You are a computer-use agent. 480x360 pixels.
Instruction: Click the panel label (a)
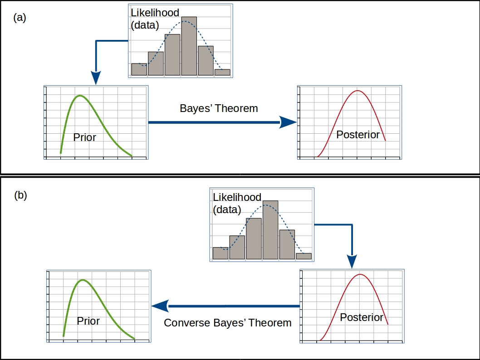tap(20, 18)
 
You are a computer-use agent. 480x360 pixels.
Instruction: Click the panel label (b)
tap(20, 195)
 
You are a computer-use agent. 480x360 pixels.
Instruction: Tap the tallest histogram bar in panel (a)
tap(189, 46)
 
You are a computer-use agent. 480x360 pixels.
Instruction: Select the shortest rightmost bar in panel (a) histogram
tap(222, 72)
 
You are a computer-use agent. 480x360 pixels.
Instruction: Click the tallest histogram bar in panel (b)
tap(270, 230)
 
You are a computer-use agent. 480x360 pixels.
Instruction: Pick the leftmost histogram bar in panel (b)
tap(220, 253)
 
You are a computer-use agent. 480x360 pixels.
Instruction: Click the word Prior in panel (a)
tap(84, 137)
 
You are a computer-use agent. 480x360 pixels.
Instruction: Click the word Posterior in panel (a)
tap(358, 135)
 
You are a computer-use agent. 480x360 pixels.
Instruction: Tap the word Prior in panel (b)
tap(88, 321)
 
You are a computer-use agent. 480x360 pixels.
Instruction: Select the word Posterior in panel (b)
tap(362, 317)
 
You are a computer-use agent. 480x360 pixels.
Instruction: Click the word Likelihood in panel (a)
tap(155, 13)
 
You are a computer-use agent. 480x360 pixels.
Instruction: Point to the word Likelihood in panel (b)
tap(237, 197)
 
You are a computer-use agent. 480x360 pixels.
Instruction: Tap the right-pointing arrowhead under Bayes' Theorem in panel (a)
tap(288, 122)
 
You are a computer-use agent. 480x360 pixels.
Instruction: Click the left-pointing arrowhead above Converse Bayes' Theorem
tap(160, 306)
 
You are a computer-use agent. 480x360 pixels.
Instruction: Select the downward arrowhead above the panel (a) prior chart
tap(96, 78)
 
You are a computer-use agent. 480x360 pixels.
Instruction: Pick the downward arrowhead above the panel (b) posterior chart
tap(352, 262)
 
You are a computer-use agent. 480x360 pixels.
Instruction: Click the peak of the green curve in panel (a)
tap(80, 95)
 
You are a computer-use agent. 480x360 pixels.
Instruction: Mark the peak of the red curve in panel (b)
tap(361, 274)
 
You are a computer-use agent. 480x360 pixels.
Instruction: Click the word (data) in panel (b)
tap(227, 210)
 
